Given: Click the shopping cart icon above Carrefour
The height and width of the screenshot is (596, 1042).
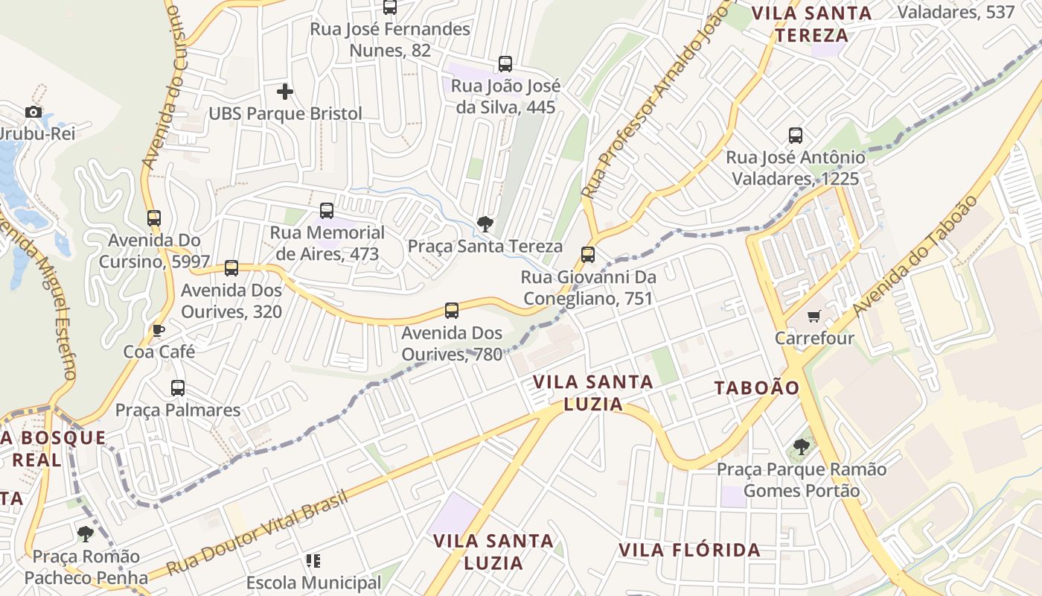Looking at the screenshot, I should [814, 317].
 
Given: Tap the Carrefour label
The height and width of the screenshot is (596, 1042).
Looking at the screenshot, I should [814, 338].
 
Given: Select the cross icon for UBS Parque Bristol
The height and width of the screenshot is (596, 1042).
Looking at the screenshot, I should [285, 92].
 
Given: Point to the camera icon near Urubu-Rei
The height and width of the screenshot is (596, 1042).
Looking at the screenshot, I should [33, 112].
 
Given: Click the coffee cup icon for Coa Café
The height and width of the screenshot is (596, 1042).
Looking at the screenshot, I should [158, 330].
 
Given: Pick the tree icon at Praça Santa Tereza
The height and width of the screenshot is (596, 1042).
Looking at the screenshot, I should [485, 223].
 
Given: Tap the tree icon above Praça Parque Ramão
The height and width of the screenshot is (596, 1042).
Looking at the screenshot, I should [802, 447].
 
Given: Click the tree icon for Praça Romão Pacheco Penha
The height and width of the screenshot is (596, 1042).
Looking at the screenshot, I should [86, 533].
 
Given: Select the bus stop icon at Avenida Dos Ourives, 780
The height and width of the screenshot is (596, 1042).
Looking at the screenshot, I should [452, 311].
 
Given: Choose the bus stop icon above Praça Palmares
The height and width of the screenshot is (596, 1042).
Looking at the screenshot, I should [178, 388].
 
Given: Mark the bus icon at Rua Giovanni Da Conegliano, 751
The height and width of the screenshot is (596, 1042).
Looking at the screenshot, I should [588, 255].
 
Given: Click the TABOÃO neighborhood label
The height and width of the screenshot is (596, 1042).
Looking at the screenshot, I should [757, 387].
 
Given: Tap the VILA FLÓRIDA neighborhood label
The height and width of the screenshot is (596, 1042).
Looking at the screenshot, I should [689, 551].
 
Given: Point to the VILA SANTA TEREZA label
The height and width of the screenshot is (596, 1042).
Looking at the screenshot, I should [811, 24].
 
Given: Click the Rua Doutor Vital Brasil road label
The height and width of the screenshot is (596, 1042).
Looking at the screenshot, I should [257, 532].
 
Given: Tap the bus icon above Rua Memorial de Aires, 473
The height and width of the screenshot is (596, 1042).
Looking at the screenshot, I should [327, 211].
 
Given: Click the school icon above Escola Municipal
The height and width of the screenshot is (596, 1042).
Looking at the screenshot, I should [313, 560].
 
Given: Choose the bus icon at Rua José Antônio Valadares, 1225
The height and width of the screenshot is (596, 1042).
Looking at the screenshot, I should [796, 136].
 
